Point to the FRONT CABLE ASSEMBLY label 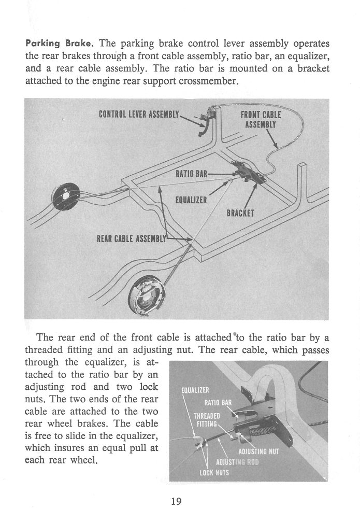261,119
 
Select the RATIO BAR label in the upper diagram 192,174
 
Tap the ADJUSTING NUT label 262,450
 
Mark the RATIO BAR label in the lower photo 214,402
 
